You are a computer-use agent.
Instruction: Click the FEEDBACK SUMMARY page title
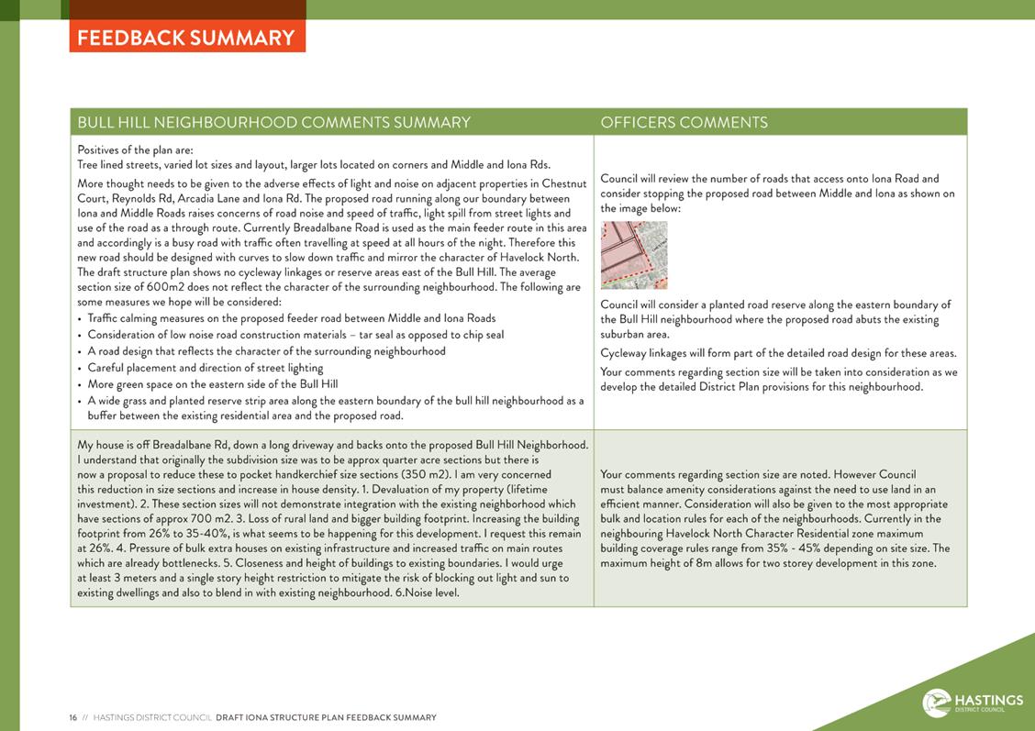[x=186, y=38]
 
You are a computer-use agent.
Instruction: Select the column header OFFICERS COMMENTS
[x=684, y=122]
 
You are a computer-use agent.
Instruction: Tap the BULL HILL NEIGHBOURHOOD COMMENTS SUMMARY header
[x=273, y=122]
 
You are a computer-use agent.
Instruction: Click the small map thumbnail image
[x=634, y=255]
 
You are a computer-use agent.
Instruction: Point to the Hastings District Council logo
[x=973, y=703]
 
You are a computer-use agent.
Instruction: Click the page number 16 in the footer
[x=72, y=717]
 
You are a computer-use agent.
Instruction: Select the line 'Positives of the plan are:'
[x=135, y=150]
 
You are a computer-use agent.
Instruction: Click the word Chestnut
[x=563, y=183]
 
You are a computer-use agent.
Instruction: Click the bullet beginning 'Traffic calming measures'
[x=291, y=318]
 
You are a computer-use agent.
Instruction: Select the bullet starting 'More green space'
[x=212, y=384]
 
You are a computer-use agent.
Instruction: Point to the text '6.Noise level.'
[x=426, y=593]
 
